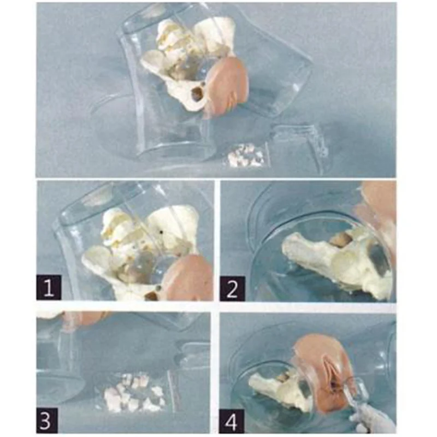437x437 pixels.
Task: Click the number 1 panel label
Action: click(49, 287)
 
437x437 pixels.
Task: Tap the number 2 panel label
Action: click(232, 289)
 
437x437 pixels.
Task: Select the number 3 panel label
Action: click(47, 420)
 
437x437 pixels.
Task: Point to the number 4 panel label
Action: click(232, 421)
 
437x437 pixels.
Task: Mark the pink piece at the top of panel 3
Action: click(84, 318)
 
